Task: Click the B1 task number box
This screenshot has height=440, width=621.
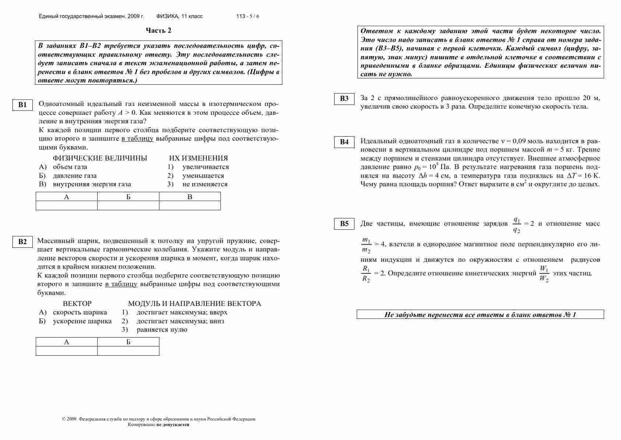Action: click(22, 105)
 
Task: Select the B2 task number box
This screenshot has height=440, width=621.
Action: click(22, 242)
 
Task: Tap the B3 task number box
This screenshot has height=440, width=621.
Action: click(344, 99)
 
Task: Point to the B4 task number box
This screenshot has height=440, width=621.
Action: click(344, 142)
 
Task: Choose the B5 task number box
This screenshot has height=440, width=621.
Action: click(344, 224)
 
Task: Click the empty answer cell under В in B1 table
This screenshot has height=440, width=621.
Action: click(190, 205)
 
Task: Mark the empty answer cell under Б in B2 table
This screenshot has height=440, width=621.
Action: click(128, 351)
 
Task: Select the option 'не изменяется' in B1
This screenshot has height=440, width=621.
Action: click(205, 184)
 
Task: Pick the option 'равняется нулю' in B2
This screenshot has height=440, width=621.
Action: click(162, 330)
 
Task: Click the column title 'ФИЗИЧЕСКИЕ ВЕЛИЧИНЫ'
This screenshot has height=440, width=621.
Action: click(100, 158)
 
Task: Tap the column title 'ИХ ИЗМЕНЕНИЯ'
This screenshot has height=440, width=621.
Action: click(198, 158)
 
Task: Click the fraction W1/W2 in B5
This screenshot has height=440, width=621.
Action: click(544, 274)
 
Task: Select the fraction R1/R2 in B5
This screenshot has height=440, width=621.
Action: click(366, 274)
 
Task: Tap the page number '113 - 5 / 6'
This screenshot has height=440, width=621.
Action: click(248, 17)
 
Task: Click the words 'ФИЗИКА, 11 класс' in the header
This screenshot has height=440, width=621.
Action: click(179, 17)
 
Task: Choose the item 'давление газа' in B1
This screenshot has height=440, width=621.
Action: click(75, 176)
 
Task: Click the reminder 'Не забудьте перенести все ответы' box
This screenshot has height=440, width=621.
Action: click(480, 314)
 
